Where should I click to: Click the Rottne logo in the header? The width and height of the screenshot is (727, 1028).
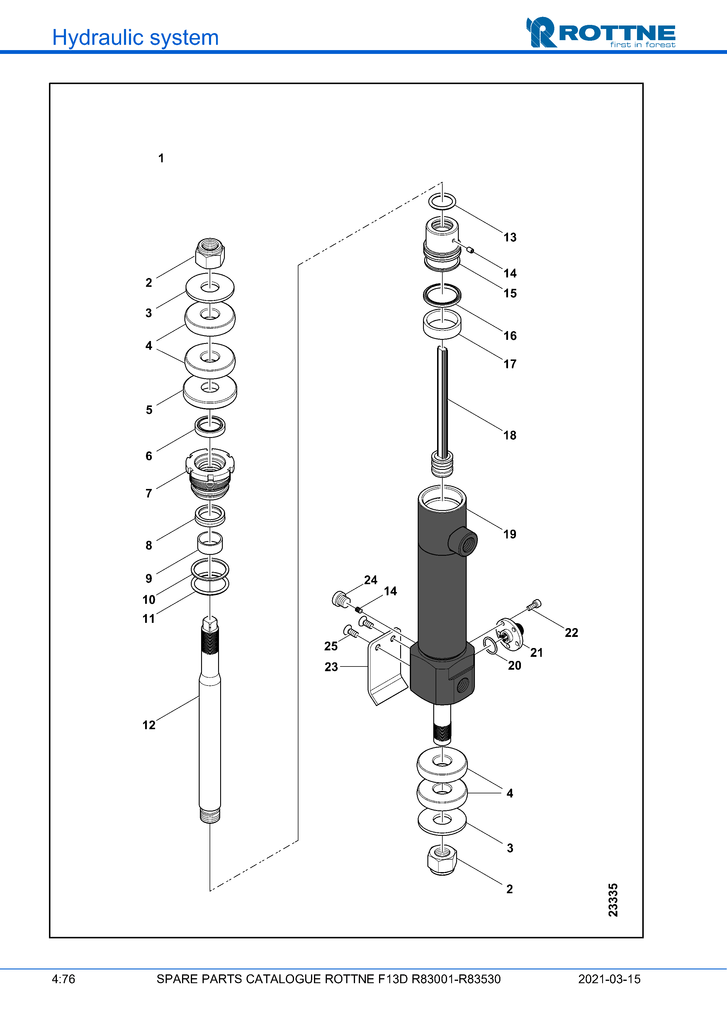pos(600,33)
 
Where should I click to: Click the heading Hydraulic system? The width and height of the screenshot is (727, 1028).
pos(135,37)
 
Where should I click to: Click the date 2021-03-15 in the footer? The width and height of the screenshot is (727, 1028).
pos(609,979)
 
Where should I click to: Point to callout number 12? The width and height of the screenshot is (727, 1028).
pos(149,725)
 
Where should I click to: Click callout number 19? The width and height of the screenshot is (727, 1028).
pos(509,534)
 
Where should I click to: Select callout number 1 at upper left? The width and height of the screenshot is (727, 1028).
pos(161,158)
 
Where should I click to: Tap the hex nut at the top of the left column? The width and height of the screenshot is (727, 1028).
pos(210,253)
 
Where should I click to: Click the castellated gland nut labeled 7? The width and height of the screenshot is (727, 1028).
pos(210,472)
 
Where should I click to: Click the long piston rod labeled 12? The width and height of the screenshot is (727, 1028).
pos(210,739)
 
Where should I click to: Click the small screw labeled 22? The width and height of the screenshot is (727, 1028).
pos(534,605)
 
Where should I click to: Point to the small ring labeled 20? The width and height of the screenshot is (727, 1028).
pos(491,646)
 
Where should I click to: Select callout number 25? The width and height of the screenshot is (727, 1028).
pos(331,646)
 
